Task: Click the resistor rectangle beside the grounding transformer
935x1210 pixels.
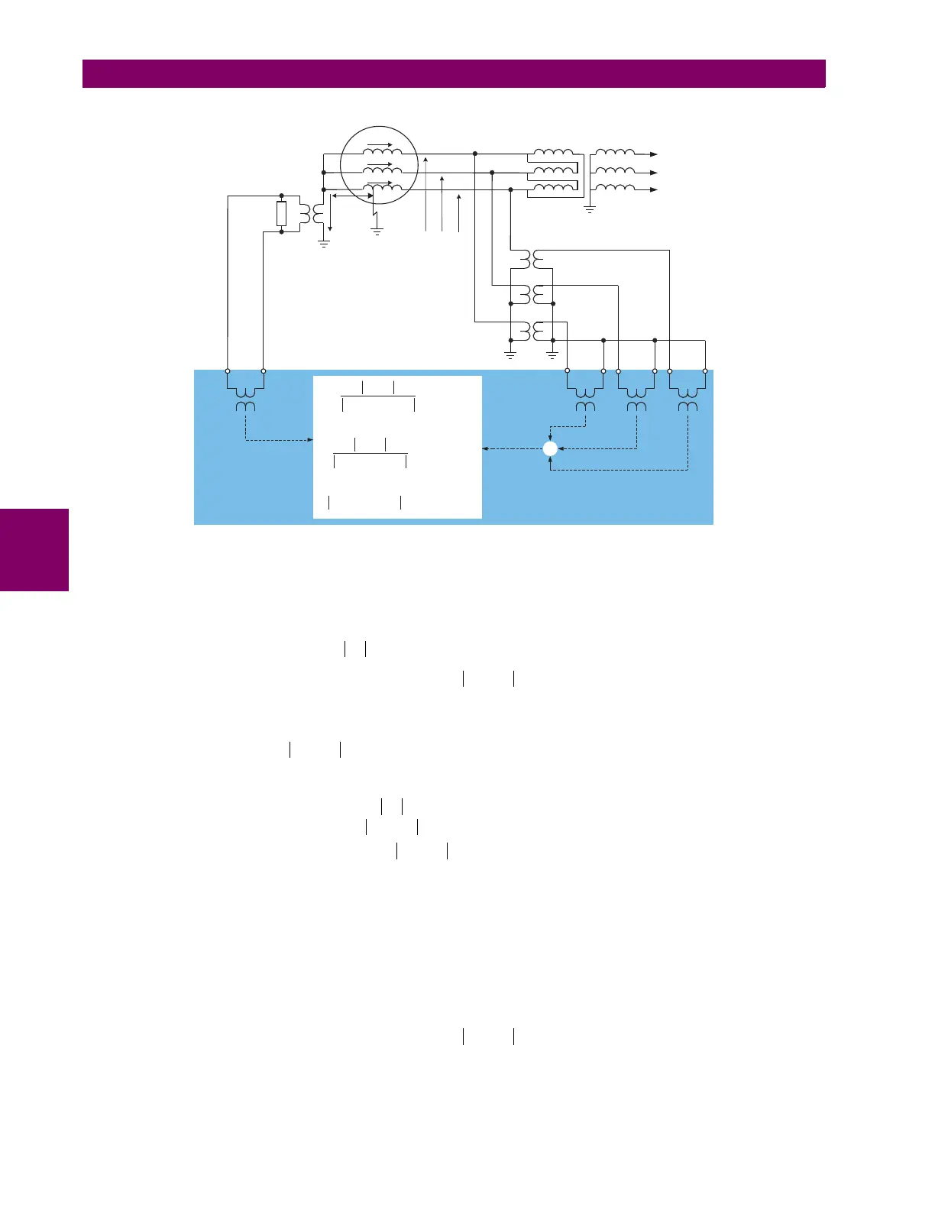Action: point(281,214)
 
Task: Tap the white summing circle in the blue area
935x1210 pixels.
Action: point(550,449)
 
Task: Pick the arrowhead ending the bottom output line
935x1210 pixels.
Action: point(653,189)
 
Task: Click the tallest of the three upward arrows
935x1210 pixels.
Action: point(426,191)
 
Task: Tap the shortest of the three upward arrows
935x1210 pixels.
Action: point(458,211)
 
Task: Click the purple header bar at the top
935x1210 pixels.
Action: point(454,74)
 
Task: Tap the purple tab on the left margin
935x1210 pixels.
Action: point(34,550)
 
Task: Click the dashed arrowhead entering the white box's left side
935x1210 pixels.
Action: point(310,440)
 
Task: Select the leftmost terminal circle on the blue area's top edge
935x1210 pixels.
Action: point(228,371)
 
